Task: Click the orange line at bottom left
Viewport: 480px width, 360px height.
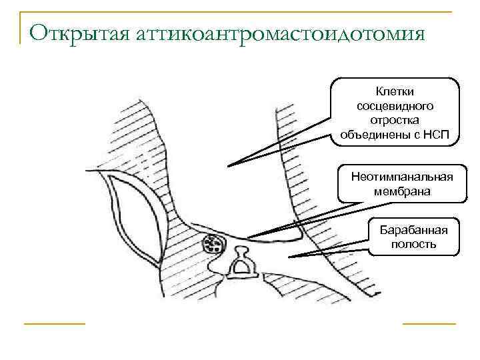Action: [55, 323]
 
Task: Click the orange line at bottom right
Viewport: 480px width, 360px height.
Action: [429, 323]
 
